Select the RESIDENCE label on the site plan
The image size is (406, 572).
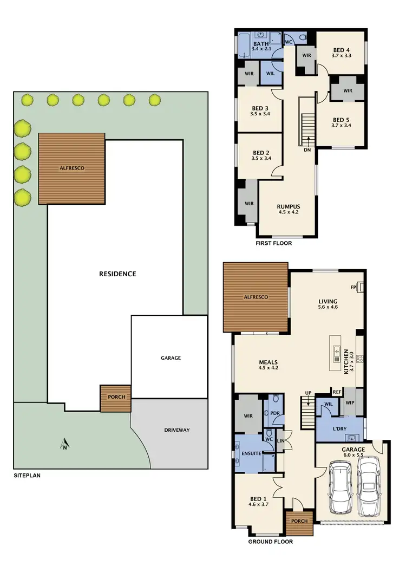117,274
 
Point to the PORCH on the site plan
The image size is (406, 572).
116,397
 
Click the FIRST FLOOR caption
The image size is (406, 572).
273,243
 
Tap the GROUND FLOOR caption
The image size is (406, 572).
270,541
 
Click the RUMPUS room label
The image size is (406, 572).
288,206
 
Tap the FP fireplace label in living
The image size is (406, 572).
353,287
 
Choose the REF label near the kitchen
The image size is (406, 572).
337,392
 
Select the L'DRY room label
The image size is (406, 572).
340,428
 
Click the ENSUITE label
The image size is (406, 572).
252,453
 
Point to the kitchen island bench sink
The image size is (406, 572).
337,352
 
